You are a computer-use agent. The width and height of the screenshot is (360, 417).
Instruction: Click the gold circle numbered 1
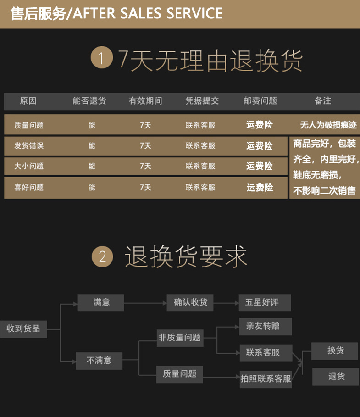click(101, 58)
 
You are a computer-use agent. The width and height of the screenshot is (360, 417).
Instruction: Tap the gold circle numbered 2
click(102, 257)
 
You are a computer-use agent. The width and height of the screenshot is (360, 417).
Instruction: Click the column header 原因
click(28, 101)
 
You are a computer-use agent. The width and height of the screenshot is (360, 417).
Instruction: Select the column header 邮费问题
click(260, 101)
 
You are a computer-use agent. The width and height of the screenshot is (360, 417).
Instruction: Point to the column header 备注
click(323, 101)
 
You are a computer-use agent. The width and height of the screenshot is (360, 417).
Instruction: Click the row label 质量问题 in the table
click(29, 125)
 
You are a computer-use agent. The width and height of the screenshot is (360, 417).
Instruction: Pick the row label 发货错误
click(29, 146)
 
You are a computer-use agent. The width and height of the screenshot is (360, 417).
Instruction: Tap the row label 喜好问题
click(29, 187)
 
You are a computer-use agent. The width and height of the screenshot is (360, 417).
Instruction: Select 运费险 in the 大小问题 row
click(260, 166)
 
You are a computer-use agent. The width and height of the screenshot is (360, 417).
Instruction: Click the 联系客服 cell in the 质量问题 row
click(200, 125)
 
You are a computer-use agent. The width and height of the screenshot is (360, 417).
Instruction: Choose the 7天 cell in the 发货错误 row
click(145, 146)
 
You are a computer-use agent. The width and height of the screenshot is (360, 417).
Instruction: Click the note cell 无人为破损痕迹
click(328, 125)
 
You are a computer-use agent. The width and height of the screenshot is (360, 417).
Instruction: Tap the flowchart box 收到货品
click(23, 328)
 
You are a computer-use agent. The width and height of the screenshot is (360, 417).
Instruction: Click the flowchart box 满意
click(101, 303)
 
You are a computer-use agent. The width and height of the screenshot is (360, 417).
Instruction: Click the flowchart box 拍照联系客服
click(266, 379)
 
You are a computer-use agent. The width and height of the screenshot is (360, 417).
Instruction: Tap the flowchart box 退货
click(336, 377)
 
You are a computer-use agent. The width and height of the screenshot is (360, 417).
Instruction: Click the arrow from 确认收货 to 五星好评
click(226, 303)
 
